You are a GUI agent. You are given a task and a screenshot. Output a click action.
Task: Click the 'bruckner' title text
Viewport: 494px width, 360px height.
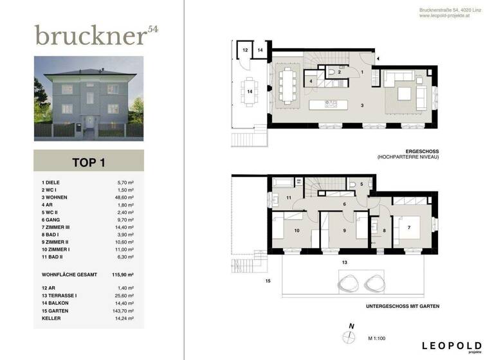click(90, 35)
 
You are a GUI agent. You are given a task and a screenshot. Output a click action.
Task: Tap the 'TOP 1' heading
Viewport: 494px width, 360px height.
click(88, 162)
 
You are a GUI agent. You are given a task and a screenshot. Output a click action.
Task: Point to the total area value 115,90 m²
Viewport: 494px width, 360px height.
click(123, 274)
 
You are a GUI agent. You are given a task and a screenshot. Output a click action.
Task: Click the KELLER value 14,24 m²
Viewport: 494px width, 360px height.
click(123, 318)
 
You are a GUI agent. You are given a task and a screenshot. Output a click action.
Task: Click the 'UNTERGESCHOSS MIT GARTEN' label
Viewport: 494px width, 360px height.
click(402, 307)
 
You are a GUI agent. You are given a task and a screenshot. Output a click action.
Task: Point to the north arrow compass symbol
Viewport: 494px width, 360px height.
click(351, 337)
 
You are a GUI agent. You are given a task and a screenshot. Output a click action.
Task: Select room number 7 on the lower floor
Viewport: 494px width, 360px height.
click(410, 227)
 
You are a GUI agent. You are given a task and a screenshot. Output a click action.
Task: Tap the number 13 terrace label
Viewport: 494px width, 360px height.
click(345, 262)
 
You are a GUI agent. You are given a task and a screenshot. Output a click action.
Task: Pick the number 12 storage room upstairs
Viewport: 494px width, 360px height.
click(246, 49)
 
